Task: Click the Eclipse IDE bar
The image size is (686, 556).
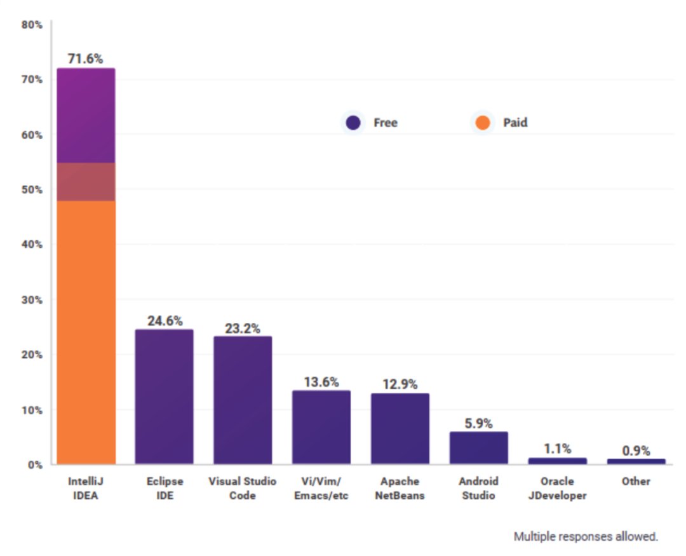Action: coord(164,397)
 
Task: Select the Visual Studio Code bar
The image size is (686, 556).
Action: coord(243,400)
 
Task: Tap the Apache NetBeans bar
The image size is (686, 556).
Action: coord(400,428)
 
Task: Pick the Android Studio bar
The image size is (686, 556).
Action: coord(479,447)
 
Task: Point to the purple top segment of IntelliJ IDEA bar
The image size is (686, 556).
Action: coord(86,115)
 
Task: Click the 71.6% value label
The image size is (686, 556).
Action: coord(86,59)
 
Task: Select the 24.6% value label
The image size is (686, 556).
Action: coord(165,321)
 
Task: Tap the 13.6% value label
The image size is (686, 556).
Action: coord(321,382)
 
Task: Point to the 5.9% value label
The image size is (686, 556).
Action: coord(479,423)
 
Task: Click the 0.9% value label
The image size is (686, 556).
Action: coord(636,451)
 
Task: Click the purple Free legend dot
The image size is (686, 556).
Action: coord(353,123)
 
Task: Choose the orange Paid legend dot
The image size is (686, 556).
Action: coord(483,123)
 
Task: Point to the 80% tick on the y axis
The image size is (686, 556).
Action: coord(32,25)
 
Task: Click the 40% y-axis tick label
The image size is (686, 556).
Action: coord(32,245)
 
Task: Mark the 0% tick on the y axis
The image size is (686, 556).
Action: coord(34,464)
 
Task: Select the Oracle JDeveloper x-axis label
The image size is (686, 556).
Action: coord(557,488)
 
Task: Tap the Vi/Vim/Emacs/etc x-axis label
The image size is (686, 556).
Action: coord(321,488)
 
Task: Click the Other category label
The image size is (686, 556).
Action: coord(636,481)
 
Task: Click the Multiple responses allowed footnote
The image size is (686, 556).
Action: coord(586,536)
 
